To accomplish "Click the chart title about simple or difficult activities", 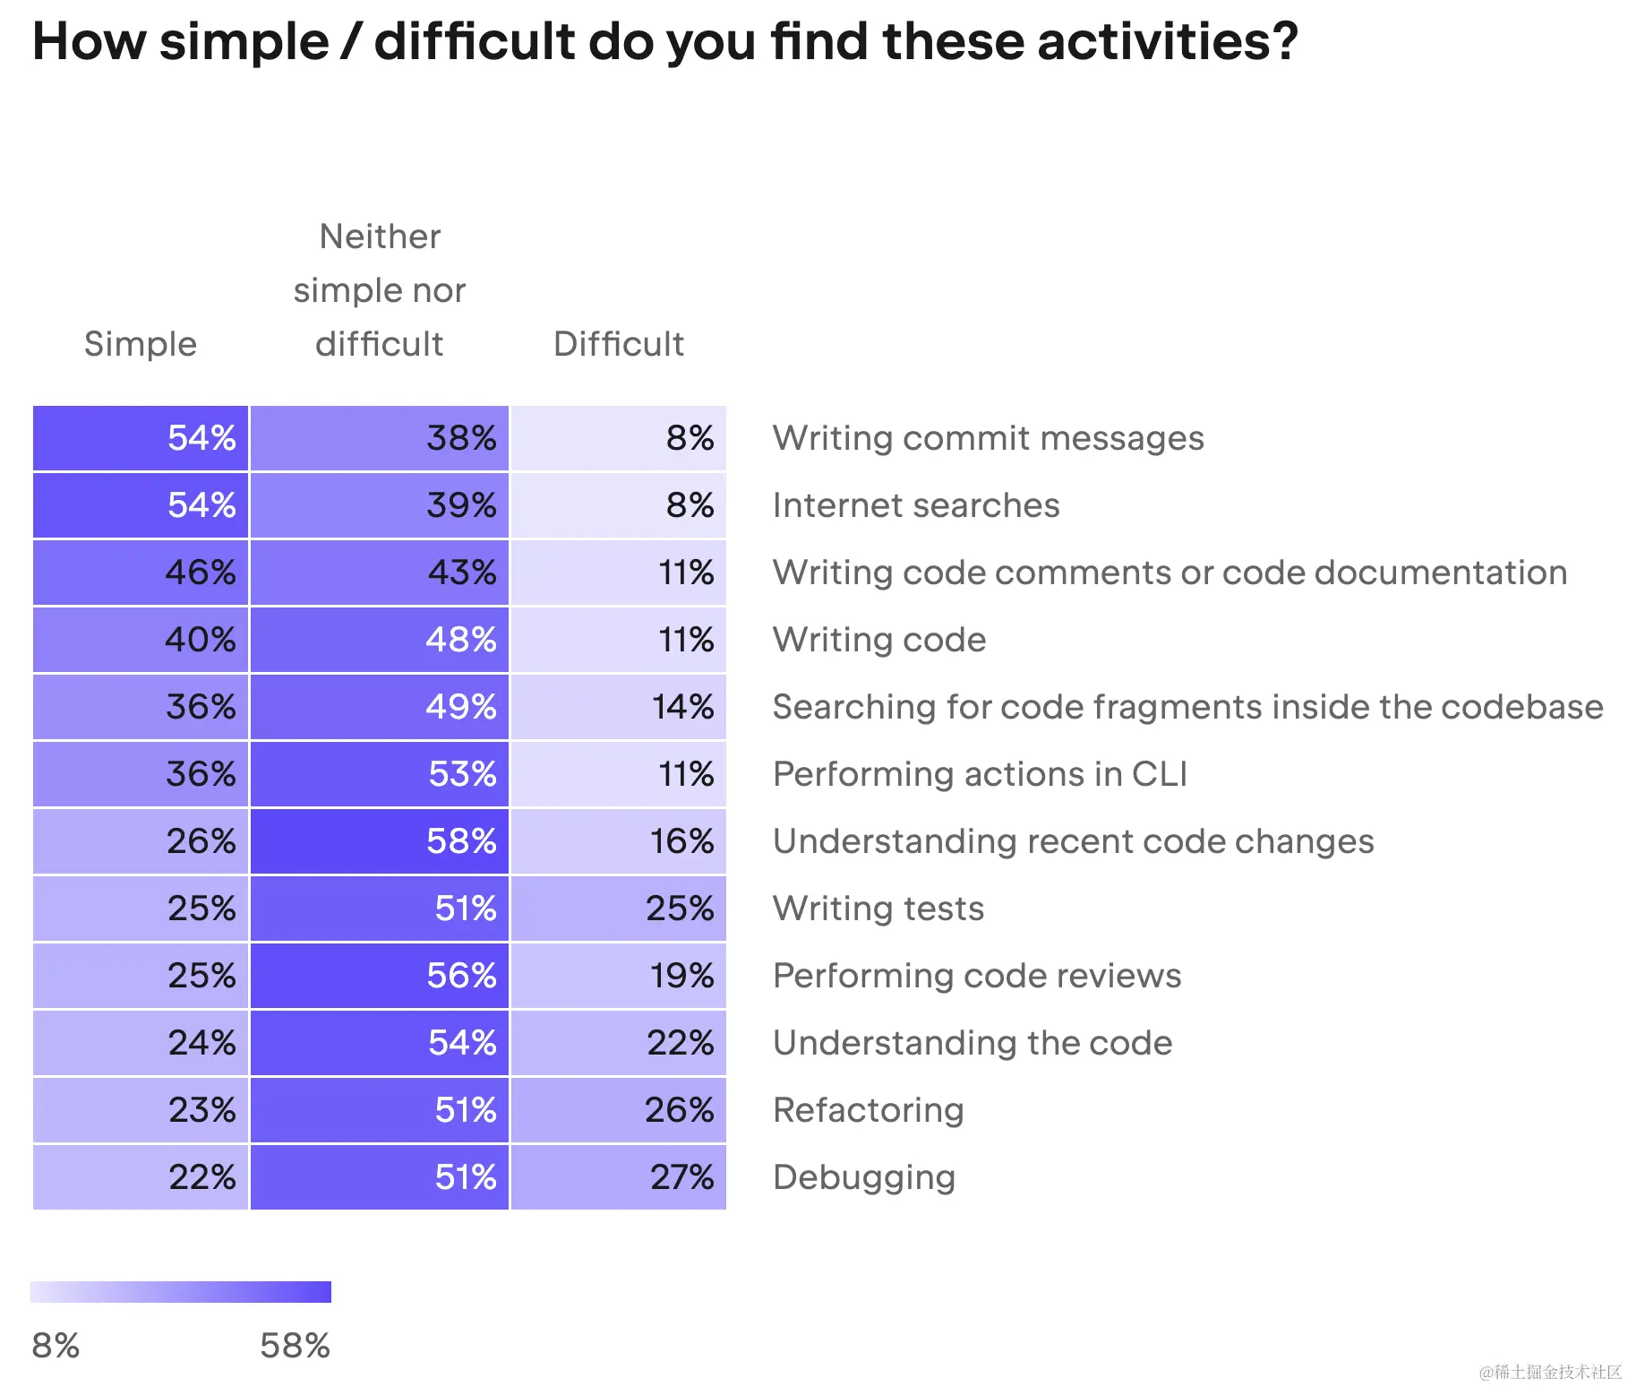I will tap(664, 42).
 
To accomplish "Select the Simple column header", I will tap(141, 344).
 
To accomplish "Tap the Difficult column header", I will tap(618, 344).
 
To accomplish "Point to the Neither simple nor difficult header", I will tap(380, 290).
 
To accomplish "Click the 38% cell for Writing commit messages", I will tap(380, 438).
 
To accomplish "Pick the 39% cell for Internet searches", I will tap(380, 505).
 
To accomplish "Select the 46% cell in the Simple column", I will tap(141, 573).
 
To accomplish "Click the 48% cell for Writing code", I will tap(380, 640).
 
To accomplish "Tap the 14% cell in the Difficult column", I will tap(618, 707).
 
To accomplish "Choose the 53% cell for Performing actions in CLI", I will tap(380, 774).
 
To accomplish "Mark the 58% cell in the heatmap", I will tap(380, 841).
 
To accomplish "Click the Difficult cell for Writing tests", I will tap(618, 909).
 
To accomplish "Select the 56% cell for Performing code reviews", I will tap(380, 976).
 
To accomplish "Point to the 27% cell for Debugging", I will tap(618, 1177).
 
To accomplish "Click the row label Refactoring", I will tap(868, 1110).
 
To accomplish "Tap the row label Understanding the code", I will tap(972, 1043).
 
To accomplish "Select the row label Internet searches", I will tap(915, 505).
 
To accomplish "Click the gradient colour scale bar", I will tap(181, 1291).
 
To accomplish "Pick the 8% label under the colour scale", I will tap(56, 1346).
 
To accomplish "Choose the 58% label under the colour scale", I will tap(295, 1346).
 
